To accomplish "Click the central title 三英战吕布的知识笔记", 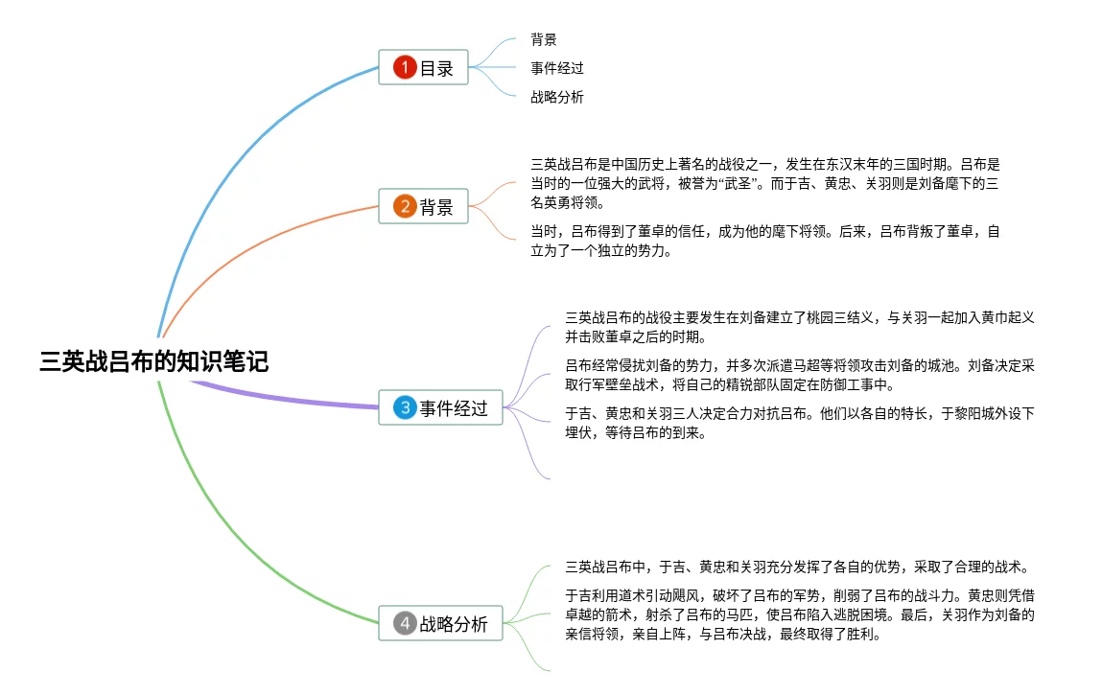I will (x=153, y=360).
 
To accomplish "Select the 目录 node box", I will (x=423, y=68).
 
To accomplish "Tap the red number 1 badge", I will (x=405, y=68).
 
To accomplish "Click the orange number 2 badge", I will (x=405, y=206).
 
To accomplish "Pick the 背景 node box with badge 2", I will (x=423, y=206).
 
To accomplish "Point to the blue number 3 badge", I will (x=405, y=408).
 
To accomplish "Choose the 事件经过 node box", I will (x=440, y=408).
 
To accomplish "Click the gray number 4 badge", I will (x=405, y=624).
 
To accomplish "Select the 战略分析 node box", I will (x=440, y=624).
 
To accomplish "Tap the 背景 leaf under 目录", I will (x=544, y=40).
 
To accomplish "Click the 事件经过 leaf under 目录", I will (x=557, y=68).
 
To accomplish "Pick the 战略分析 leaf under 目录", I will (x=557, y=97).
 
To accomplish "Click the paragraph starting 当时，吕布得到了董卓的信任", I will (x=764, y=242).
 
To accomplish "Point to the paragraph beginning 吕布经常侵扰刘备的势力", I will (x=800, y=375).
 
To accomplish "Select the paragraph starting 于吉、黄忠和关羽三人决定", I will (x=800, y=423).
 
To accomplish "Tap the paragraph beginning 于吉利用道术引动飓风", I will (x=800, y=614).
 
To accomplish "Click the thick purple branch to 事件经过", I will (x=288, y=400).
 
